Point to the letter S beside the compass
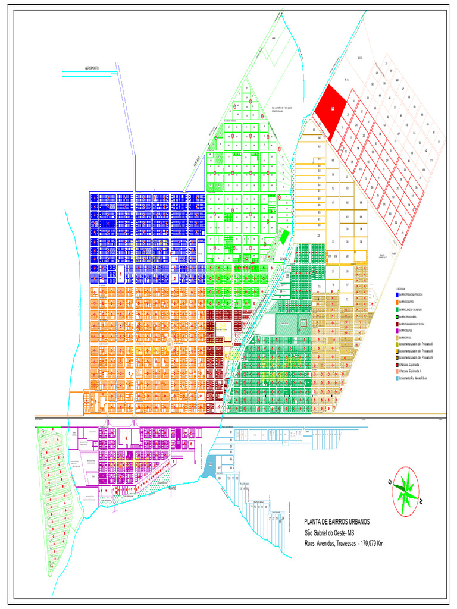390,482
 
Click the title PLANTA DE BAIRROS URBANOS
337,522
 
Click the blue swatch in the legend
398,294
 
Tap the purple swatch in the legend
398,330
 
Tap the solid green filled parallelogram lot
284,236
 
